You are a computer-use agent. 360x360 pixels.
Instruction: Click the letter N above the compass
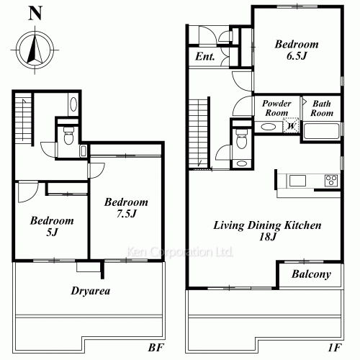[x=35, y=13]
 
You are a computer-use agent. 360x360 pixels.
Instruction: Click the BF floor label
[x=156, y=347]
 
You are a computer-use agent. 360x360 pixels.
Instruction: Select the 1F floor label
[x=335, y=347]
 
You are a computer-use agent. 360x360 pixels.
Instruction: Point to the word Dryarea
[x=91, y=291]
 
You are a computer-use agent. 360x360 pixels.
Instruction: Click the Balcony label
[x=311, y=274]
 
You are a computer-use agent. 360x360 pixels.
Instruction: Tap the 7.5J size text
[x=127, y=214]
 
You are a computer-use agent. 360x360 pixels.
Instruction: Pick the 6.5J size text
[x=297, y=56]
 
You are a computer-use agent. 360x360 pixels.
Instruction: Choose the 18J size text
[x=268, y=237]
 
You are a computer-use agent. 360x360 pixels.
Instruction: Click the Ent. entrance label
[x=204, y=57]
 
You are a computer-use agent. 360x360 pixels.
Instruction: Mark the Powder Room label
[x=276, y=108]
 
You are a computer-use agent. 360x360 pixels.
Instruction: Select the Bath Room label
[x=322, y=108]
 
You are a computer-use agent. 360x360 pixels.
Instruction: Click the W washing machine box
[x=291, y=125]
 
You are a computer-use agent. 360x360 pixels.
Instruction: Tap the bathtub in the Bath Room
[x=321, y=131]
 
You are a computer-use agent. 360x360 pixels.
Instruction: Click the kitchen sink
[x=297, y=181]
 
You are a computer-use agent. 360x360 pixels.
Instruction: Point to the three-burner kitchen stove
[x=331, y=181]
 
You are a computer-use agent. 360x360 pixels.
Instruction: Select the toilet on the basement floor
[x=68, y=135]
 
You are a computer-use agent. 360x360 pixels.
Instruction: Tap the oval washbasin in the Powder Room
[x=268, y=127]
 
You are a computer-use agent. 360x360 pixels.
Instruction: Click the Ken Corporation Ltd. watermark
[x=179, y=252]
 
